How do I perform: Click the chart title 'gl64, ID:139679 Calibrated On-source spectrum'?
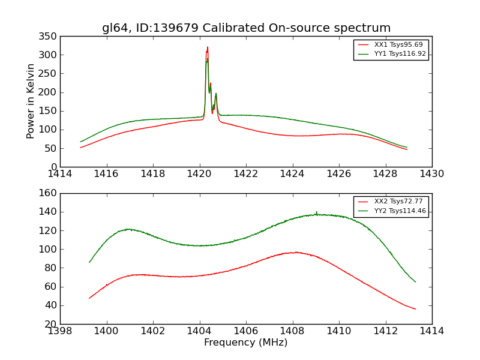click(246, 28)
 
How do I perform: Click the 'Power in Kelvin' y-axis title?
click(31, 101)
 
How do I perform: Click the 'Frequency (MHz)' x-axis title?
click(245, 343)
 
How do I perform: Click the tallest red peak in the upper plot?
click(208, 47)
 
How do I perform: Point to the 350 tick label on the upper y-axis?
click(50, 37)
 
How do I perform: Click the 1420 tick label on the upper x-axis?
click(199, 174)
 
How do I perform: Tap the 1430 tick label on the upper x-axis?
click(431, 174)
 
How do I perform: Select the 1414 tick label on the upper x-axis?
click(61, 174)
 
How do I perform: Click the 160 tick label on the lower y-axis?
click(50, 193)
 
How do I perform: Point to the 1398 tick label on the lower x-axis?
click(61, 331)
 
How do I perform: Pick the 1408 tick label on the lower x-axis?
click(292, 331)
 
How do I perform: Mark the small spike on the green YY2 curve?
click(316, 212)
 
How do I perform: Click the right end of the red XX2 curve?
click(415, 309)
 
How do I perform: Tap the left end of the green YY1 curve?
click(80, 142)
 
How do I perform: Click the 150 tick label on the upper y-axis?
click(50, 111)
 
